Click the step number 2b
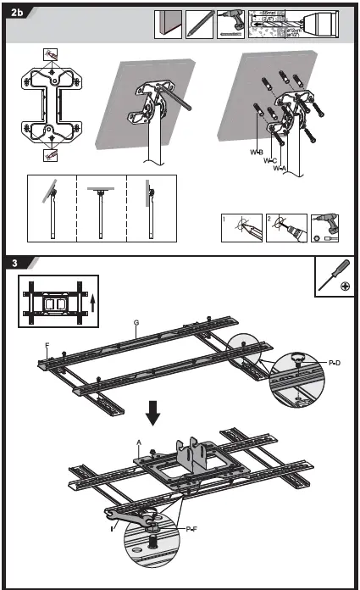19,12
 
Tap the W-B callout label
256,153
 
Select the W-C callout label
269,160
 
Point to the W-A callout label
280,169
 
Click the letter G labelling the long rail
137,322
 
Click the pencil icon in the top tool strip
198,23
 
